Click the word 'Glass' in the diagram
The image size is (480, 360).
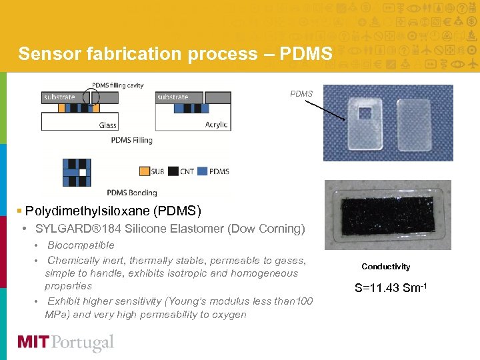107,125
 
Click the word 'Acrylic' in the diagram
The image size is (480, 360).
216,125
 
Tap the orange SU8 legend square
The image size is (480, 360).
144,171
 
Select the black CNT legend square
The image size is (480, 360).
173,171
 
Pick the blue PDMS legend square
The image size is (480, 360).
203,171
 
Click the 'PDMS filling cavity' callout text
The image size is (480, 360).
117,85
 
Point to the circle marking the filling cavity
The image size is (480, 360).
92,100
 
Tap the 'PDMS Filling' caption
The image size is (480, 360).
131,140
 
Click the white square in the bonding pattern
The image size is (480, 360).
82,172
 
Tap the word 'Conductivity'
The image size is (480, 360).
386,267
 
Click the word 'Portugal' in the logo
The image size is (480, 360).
84,343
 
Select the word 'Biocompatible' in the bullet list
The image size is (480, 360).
81,245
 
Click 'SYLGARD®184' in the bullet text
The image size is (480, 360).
74,229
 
